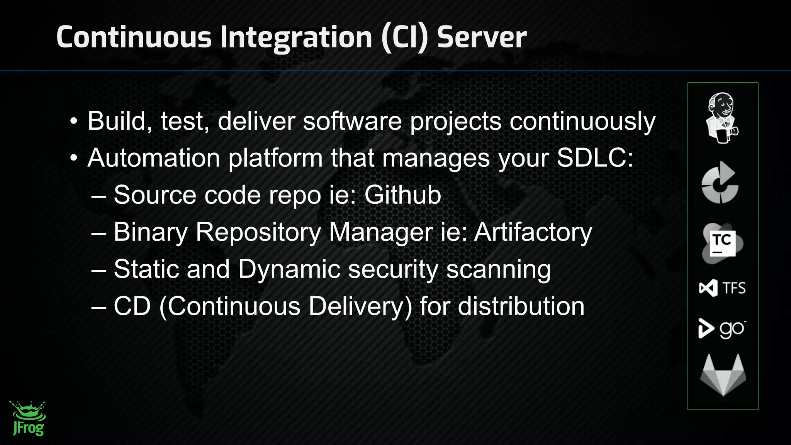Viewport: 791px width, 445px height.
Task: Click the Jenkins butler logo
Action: point(722,118)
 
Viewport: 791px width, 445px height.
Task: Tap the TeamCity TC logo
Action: point(722,243)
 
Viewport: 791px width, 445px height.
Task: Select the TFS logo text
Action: point(733,288)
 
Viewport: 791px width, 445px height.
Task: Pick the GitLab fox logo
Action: point(723,375)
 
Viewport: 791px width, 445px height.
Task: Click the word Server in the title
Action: point(482,37)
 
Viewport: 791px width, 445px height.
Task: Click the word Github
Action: point(402,195)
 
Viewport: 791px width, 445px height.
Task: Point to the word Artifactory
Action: point(533,232)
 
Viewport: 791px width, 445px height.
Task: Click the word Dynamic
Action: point(289,269)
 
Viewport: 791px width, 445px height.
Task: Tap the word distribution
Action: point(521,306)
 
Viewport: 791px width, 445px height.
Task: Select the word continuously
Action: point(582,121)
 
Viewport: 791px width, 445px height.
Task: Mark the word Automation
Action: point(154,158)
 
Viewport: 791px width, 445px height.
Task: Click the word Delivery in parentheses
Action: point(360,306)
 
